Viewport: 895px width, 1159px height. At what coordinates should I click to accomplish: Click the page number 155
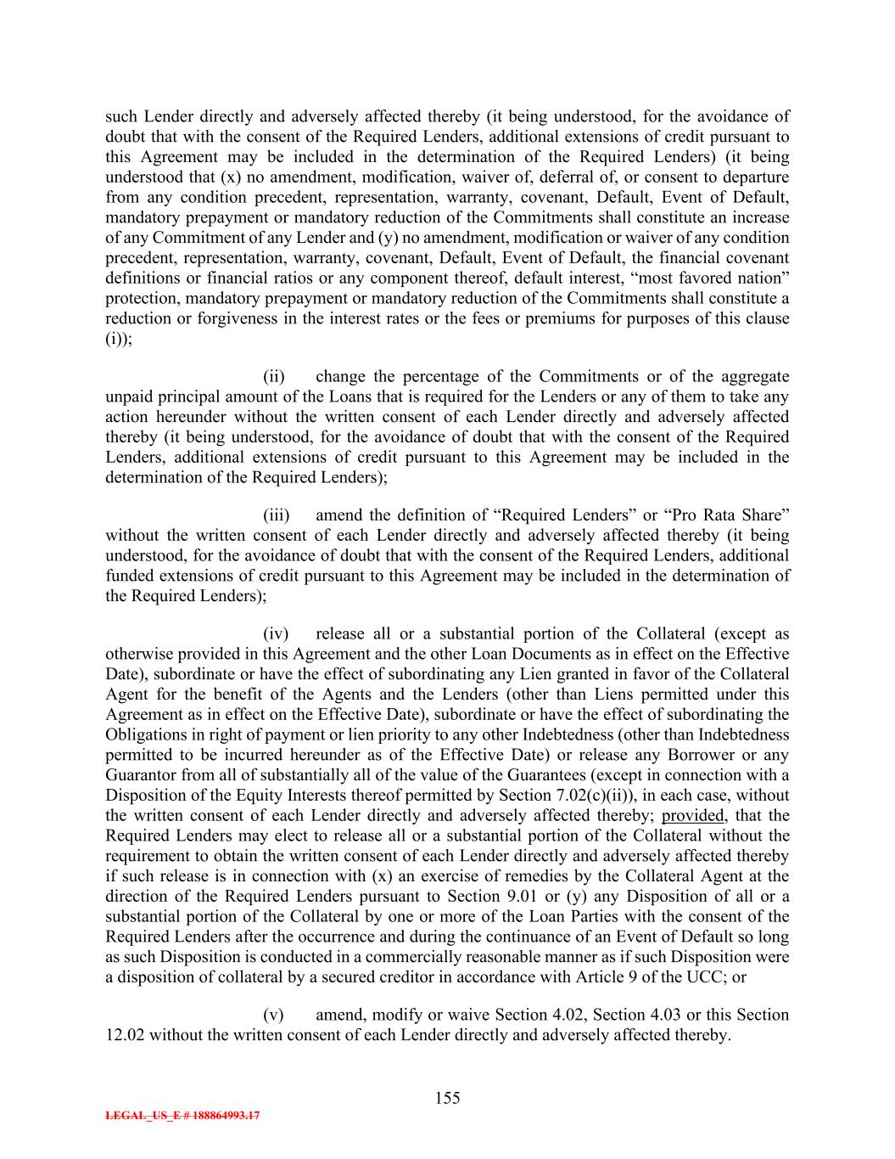[447, 1098]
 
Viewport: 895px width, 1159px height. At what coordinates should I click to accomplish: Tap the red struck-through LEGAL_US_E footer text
[182, 1117]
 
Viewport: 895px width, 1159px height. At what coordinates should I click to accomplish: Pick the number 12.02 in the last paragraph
[124, 1035]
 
